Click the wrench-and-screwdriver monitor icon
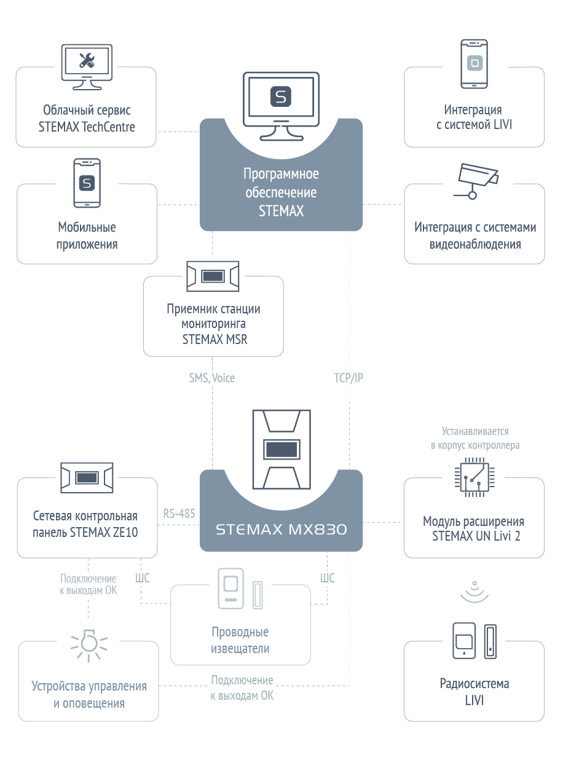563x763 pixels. coord(87,67)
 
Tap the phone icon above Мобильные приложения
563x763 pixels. coord(87,183)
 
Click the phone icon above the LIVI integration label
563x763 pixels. coord(474,64)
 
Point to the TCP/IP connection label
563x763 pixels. coord(348,378)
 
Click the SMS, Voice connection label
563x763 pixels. coord(212,378)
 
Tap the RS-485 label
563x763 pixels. coord(179,514)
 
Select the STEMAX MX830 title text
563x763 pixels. coord(281,530)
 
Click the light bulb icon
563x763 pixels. coord(89,646)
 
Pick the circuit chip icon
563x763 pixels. coord(474,477)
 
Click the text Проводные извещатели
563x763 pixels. coord(240,640)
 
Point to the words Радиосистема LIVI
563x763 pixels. coord(474,692)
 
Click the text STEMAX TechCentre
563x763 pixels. coord(87,127)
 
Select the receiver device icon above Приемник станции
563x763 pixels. coord(213,276)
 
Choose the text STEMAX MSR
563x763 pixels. coord(215,339)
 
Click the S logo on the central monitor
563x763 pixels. coord(281,96)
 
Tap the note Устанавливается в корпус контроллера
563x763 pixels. coord(475,438)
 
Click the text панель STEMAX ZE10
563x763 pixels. coord(85,532)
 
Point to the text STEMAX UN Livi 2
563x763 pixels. coord(476,536)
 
